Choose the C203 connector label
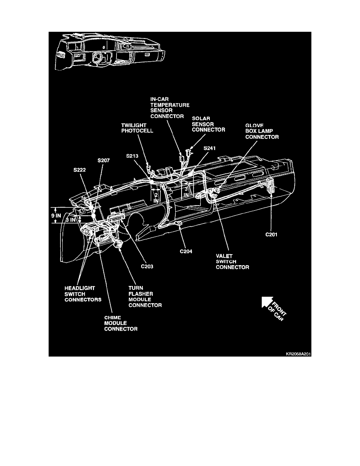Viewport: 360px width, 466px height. click(x=147, y=266)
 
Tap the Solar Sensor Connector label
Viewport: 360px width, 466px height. click(x=208, y=124)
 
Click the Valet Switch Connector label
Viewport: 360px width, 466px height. click(x=232, y=262)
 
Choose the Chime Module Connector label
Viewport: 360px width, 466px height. click(x=121, y=323)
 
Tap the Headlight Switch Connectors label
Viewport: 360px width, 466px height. click(x=83, y=294)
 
